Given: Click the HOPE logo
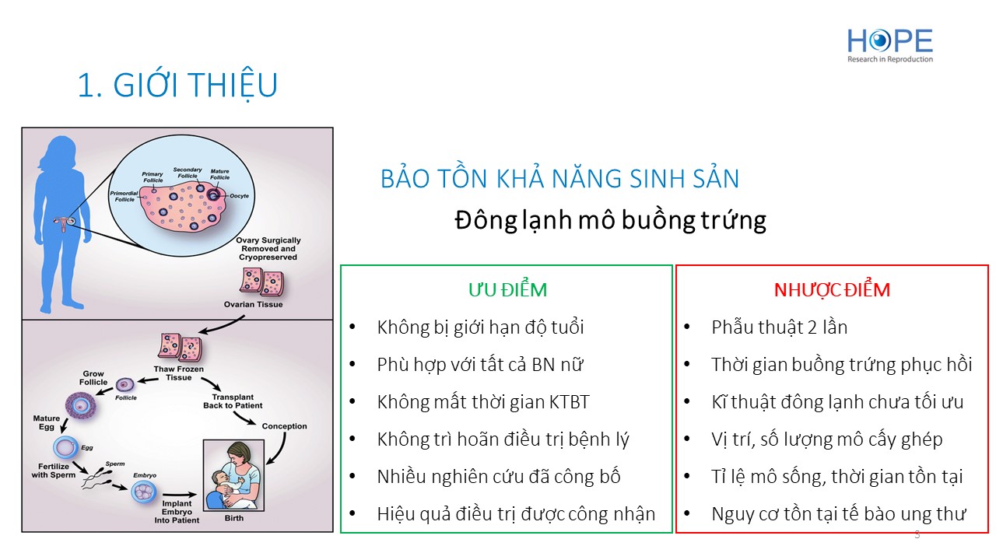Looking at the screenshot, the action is [x=889, y=45].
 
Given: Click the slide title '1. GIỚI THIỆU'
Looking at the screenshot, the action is [x=177, y=85].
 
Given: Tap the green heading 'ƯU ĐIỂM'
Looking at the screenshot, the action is [x=507, y=290].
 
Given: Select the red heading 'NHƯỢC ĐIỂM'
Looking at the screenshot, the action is [x=832, y=290].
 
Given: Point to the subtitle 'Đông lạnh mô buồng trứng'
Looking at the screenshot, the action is [x=611, y=220].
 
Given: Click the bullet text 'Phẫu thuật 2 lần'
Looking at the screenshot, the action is [x=779, y=327].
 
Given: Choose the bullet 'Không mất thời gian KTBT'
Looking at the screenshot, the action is [x=483, y=402].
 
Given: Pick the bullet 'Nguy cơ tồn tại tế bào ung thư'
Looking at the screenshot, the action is [x=839, y=514].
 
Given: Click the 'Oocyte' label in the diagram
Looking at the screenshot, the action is [x=239, y=195].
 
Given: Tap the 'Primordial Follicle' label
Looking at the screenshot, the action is [x=124, y=197].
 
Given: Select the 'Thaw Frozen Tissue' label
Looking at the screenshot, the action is [x=179, y=373].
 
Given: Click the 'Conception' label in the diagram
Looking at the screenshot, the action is [x=284, y=426].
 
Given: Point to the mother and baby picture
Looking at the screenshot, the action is [x=234, y=475].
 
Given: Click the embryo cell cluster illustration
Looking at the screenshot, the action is [x=144, y=492].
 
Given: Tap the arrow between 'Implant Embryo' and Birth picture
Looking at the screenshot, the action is [x=180, y=495].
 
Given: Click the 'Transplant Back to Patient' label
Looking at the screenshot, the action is [x=233, y=401].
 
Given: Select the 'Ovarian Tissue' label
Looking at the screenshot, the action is [x=253, y=304].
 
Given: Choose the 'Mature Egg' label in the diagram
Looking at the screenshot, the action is [x=46, y=422].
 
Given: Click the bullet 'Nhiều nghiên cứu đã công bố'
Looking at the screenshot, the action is [x=499, y=477].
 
